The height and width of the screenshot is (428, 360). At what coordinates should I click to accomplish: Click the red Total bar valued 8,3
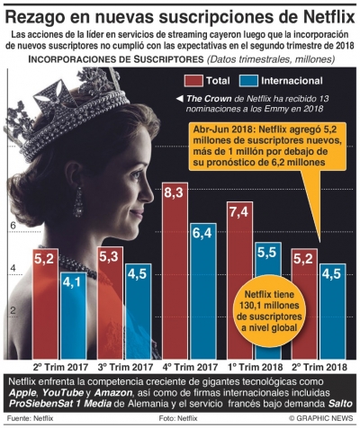pyautogui.click(x=176, y=270)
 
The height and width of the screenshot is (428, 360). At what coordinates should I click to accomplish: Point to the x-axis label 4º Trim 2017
pyautogui.click(x=188, y=367)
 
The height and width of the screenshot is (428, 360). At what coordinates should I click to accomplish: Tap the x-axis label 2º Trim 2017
pyautogui.click(x=59, y=367)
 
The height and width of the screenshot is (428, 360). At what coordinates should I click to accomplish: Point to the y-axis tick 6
pyautogui.click(x=13, y=226)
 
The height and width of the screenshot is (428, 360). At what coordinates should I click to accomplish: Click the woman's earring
pyautogui.click(x=78, y=200)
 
